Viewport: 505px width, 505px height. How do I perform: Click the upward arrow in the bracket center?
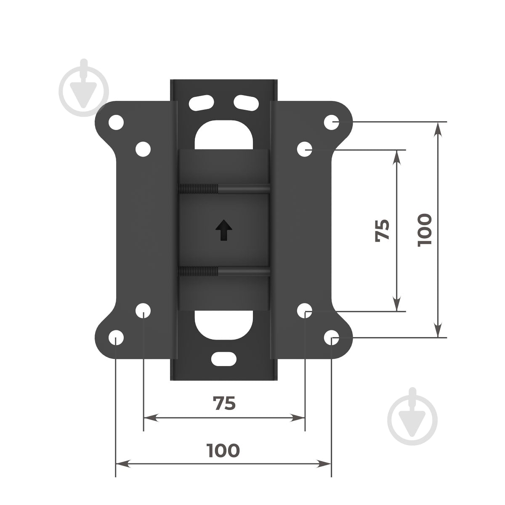[223, 230]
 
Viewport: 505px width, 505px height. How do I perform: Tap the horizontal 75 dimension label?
[224, 403]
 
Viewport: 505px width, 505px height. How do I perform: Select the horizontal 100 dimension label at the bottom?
[223, 450]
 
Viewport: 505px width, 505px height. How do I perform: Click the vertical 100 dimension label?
[424, 230]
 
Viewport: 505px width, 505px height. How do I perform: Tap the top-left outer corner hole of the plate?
[116, 122]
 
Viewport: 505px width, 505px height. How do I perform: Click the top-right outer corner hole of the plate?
[331, 122]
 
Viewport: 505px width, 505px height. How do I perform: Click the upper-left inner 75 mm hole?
[143, 149]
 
